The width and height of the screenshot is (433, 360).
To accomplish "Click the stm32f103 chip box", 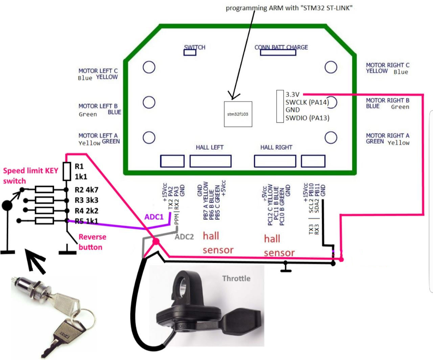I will tap(238, 114).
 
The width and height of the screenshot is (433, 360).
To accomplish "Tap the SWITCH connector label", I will tap(195, 47).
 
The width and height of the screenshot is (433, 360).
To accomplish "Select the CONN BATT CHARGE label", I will tap(281, 47).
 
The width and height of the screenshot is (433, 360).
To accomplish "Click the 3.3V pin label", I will tap(292, 94).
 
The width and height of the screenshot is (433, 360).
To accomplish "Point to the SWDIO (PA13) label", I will tap(307, 118).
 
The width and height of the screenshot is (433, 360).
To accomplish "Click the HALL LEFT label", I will tap(209, 147).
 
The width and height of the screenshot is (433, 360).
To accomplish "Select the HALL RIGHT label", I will tap(276, 147).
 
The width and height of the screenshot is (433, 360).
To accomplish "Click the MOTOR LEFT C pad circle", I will tap(149, 67).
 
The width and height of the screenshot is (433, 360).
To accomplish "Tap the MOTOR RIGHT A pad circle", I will tap(331, 137).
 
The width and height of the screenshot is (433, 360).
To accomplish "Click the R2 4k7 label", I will tap(86, 190).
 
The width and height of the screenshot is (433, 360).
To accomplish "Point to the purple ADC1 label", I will tap(154, 217).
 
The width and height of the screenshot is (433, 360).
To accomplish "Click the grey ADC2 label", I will tap(184, 237).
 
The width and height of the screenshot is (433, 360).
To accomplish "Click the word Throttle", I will tap(236, 278).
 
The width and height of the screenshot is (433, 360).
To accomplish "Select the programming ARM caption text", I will tap(289, 8).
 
